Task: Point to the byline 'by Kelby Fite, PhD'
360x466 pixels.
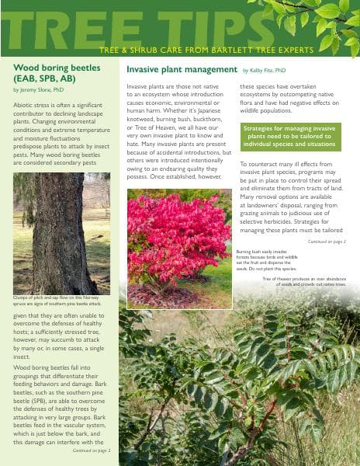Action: click(x=264, y=71)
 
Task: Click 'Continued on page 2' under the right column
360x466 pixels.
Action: click(x=326, y=242)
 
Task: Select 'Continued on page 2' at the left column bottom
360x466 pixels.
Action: click(x=92, y=450)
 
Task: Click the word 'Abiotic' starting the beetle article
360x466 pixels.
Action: click(x=24, y=104)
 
